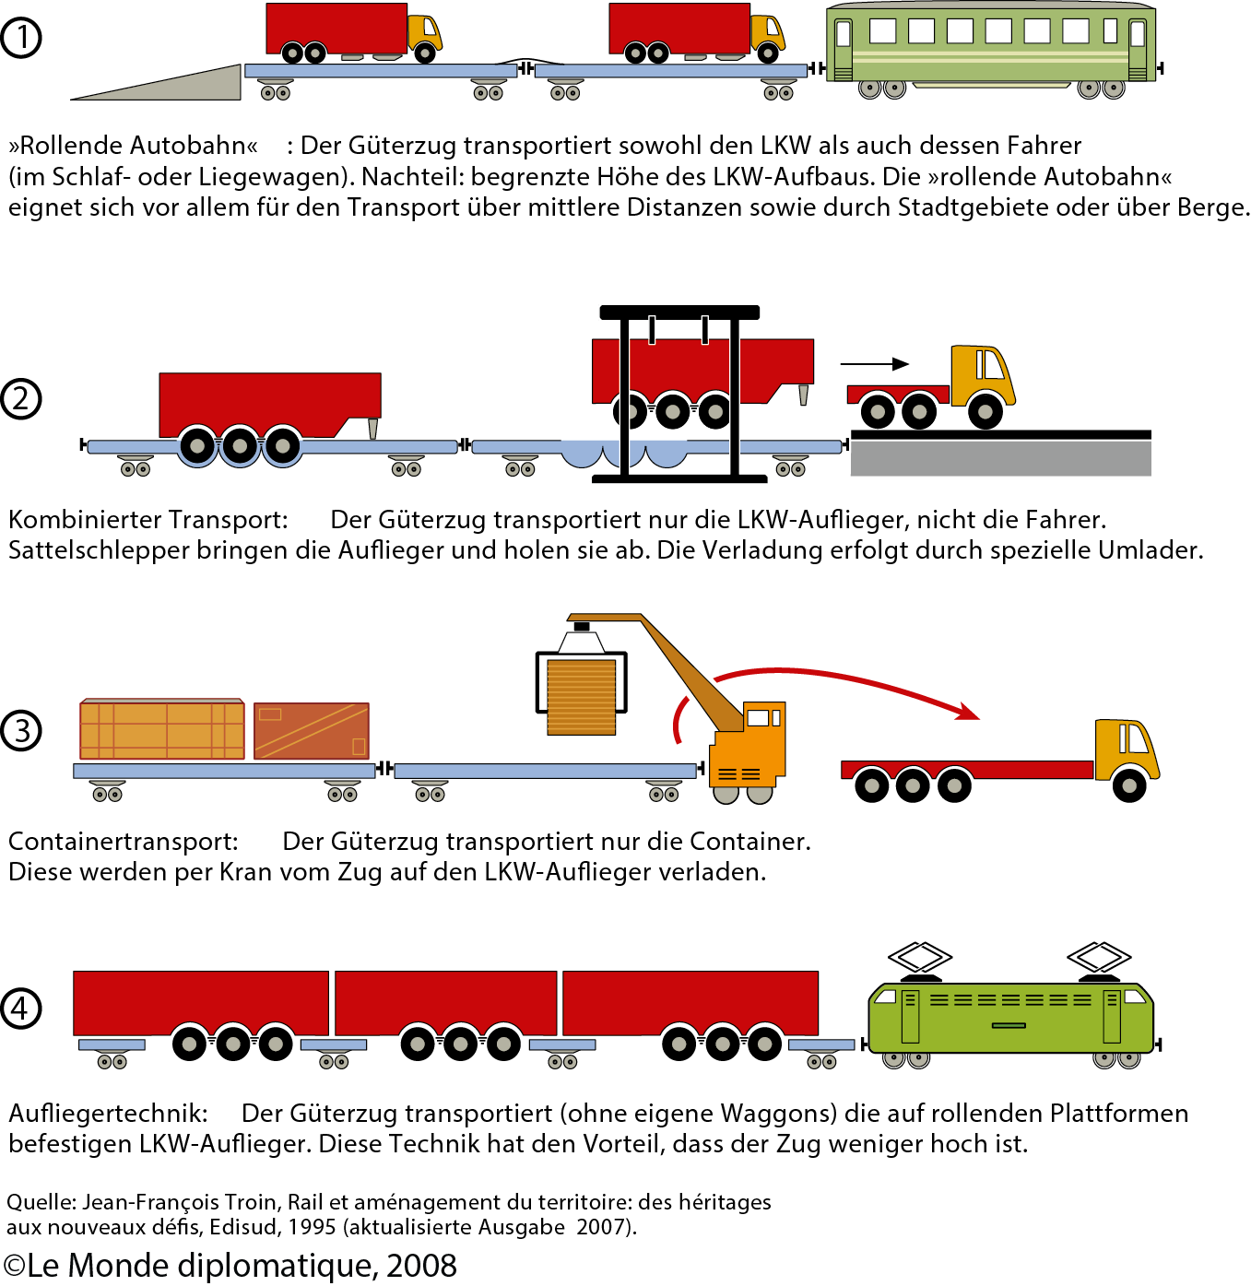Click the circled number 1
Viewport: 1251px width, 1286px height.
(x=21, y=38)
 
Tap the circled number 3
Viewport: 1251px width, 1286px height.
(x=21, y=731)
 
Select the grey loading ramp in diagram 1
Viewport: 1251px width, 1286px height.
(x=184, y=86)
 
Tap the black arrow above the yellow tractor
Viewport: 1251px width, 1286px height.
(x=875, y=364)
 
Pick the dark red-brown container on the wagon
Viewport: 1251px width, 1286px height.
(x=312, y=731)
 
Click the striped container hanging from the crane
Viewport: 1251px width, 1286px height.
(x=581, y=696)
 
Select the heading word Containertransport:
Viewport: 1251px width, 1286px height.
(x=124, y=842)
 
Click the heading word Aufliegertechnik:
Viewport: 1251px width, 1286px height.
(x=108, y=1114)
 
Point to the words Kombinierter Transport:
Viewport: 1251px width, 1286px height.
(x=148, y=520)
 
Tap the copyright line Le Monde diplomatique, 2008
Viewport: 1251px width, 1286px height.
(x=230, y=1266)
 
